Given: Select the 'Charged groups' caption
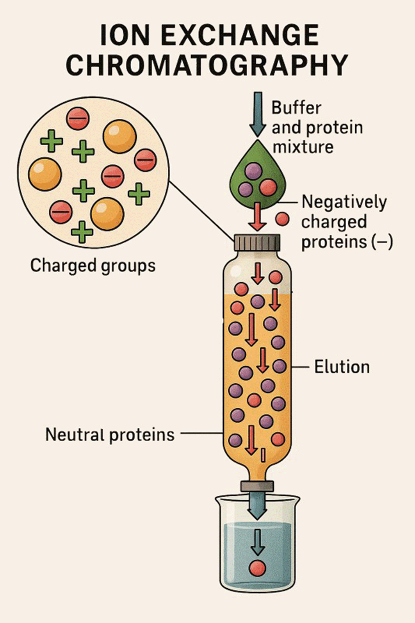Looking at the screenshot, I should (x=93, y=266).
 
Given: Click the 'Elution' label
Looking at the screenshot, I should (x=342, y=367).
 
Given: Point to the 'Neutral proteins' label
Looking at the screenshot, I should (x=110, y=434).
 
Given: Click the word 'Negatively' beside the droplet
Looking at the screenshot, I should (x=344, y=202).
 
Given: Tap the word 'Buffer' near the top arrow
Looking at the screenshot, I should (x=296, y=108).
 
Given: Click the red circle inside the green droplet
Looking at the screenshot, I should (x=268, y=187).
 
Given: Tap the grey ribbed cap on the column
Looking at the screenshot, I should (x=257, y=243).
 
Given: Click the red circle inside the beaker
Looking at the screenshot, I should (x=257, y=568).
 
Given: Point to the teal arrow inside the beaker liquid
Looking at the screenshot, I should (x=257, y=541).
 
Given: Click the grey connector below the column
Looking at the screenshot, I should (x=257, y=486).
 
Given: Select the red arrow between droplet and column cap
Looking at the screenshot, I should (x=257, y=216).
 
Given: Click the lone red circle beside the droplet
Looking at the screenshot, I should (x=282, y=219).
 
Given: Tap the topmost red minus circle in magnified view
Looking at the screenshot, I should (x=78, y=118).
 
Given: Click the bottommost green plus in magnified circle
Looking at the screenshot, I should (x=82, y=231).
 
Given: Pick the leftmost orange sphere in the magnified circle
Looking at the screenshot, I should (x=45, y=174).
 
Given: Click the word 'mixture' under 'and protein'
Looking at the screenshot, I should (x=303, y=148).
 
